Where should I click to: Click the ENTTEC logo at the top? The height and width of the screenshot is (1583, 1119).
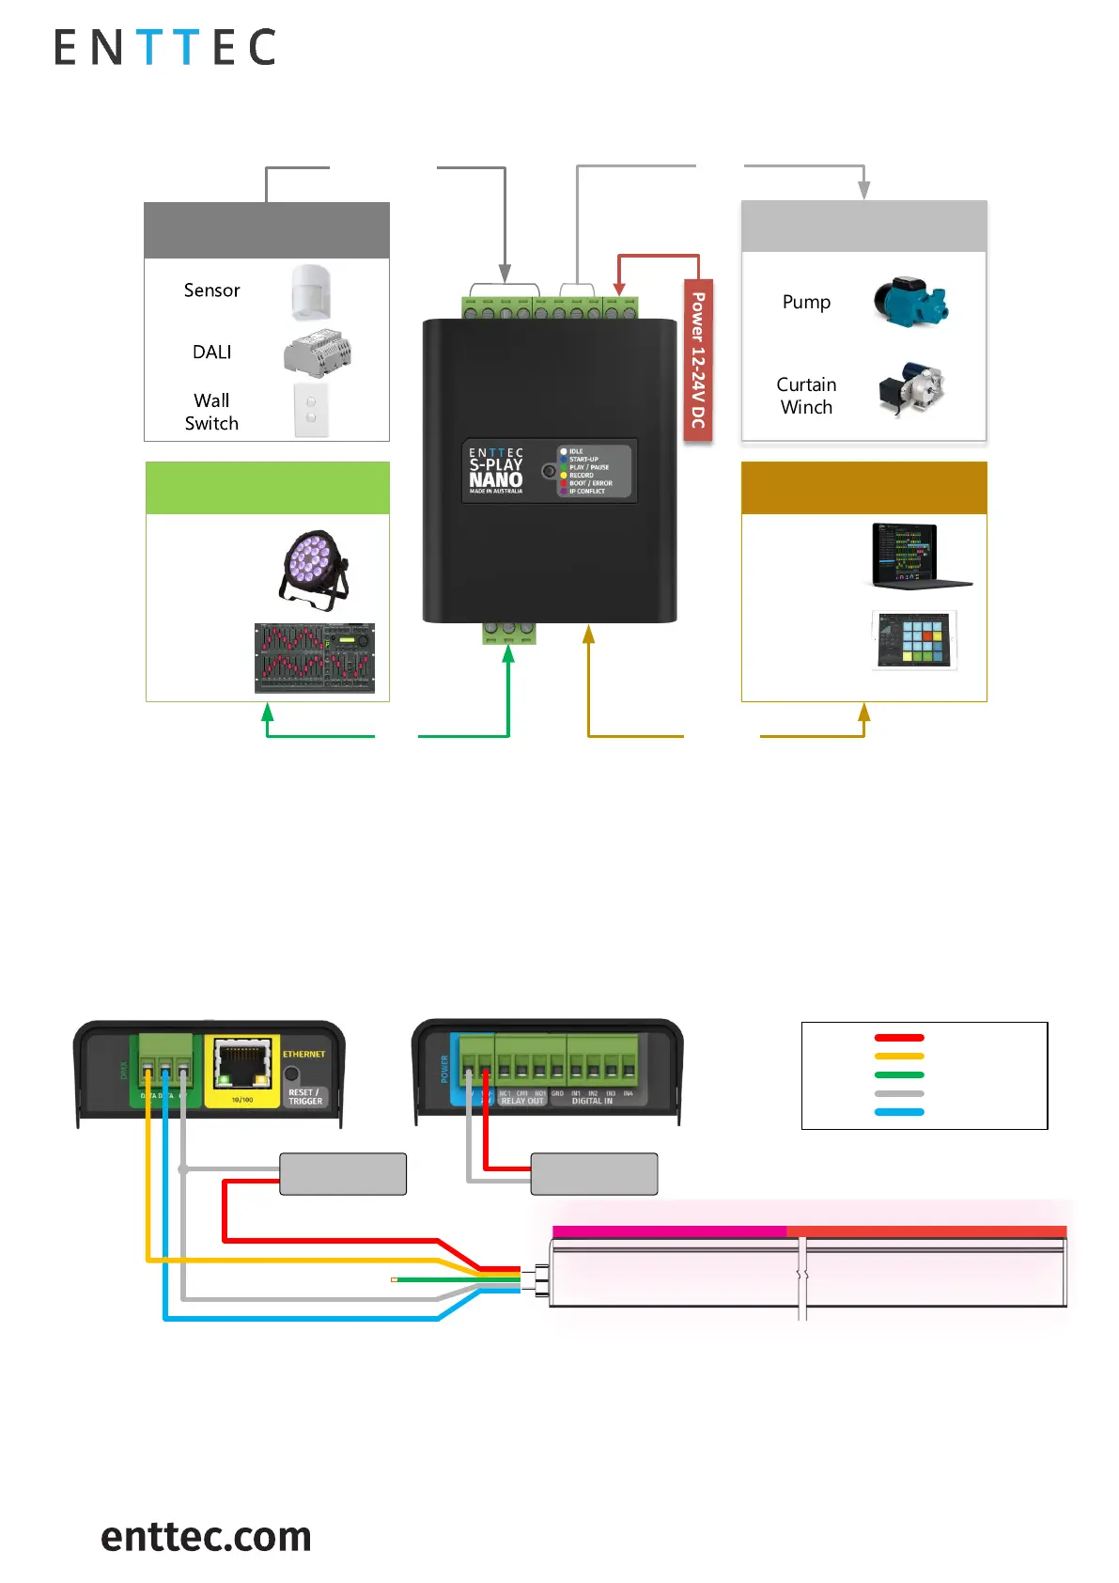164,47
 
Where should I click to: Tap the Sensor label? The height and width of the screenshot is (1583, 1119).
211,290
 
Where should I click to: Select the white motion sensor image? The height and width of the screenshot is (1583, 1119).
311,291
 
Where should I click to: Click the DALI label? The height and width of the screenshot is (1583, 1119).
211,353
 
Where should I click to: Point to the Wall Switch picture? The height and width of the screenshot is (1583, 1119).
311,409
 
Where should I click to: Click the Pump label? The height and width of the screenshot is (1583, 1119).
806,303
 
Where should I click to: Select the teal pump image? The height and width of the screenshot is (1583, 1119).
909,302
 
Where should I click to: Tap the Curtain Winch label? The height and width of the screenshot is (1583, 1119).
806,396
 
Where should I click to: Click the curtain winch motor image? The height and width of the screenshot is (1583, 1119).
910,388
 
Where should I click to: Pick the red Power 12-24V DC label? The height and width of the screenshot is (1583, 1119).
698,360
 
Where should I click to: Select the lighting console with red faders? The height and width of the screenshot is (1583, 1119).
315,658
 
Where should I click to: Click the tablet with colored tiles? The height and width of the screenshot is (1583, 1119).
914,640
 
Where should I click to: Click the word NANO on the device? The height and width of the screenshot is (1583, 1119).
496,479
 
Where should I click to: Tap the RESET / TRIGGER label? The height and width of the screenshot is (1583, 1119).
305,1097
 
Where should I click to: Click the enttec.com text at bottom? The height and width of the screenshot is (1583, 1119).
206,1536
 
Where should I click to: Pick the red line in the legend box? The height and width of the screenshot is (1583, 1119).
899,1038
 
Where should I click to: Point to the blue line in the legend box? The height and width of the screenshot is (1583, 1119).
899,1112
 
